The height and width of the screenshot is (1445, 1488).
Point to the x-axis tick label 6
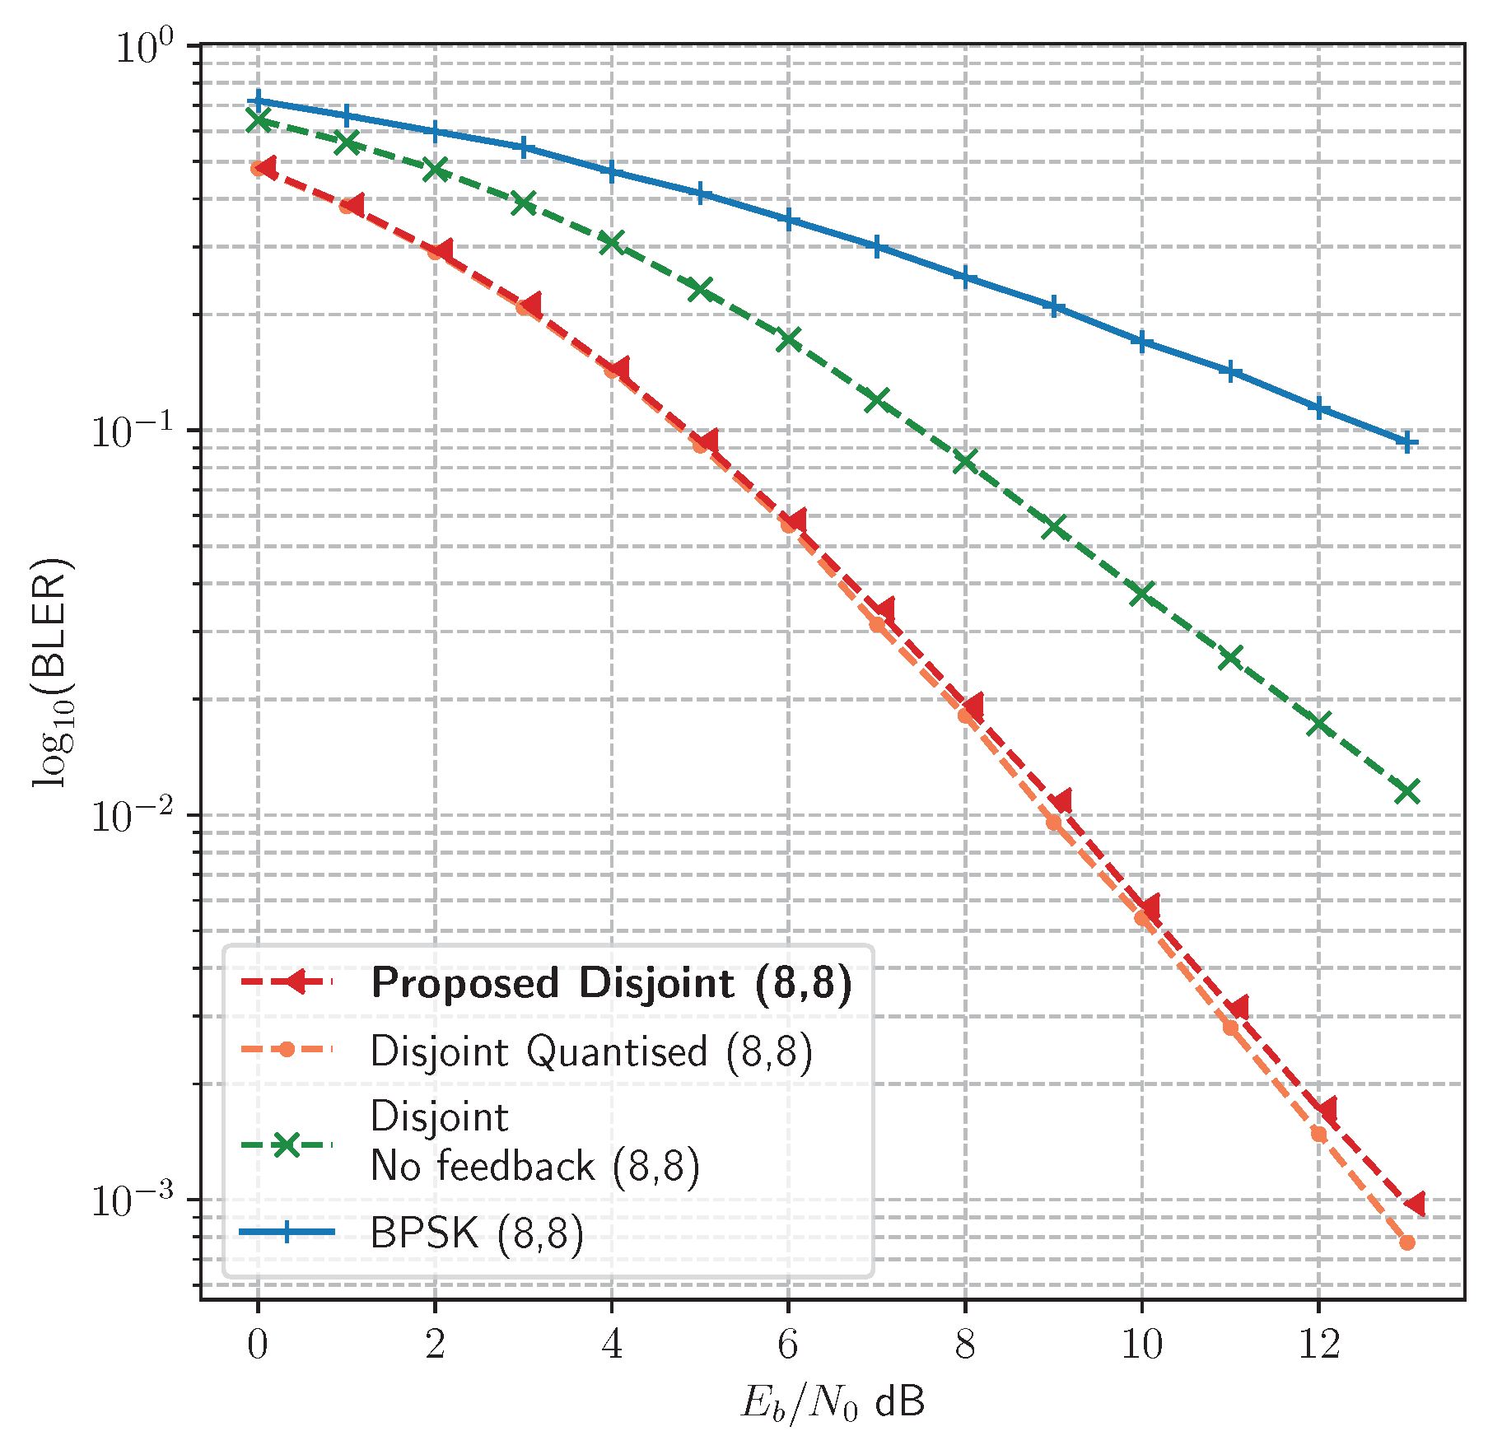[x=788, y=1345]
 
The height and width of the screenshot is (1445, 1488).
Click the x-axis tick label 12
[x=1318, y=1345]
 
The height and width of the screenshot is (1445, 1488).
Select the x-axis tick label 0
[x=258, y=1345]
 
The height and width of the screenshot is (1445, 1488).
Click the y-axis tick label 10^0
[x=145, y=47]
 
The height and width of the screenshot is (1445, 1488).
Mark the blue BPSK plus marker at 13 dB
[x=1407, y=443]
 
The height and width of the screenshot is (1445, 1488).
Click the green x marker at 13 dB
[x=1407, y=791]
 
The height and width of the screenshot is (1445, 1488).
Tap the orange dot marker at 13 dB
[x=1407, y=1242]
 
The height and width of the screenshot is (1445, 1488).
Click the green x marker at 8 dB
[x=965, y=461]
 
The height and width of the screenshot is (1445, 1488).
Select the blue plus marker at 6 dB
[x=788, y=220]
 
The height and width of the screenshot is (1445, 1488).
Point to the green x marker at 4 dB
[x=611, y=243]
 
